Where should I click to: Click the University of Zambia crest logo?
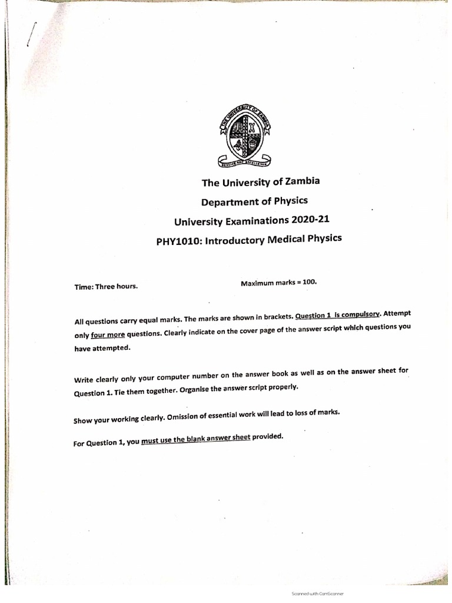[244, 134]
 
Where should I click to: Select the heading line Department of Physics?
[254, 201]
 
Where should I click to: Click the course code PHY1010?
[177, 242]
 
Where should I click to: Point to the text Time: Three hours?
[106, 287]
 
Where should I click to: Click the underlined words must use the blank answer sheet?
[195, 439]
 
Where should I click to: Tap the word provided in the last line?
[268, 436]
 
